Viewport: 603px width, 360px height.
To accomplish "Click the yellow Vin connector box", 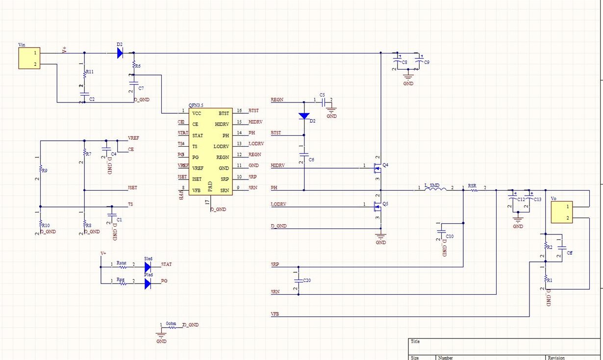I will [29, 58].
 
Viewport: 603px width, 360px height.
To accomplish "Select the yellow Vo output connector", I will [561, 212].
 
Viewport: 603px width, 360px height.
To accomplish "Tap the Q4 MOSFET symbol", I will [377, 167].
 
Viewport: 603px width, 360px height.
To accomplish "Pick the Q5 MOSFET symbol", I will [377, 206].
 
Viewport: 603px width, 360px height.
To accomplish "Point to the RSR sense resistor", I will [474, 190].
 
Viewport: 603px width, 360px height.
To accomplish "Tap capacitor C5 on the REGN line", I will [323, 103].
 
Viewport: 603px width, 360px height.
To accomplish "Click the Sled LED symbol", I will [148, 267].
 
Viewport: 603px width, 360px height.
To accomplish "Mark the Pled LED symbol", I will [148, 283].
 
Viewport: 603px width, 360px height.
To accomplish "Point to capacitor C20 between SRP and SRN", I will [299, 281].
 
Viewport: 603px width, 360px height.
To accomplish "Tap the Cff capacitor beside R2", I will [562, 249].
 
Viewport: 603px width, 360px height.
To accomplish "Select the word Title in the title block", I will [416, 341].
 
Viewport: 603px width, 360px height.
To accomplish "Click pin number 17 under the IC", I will [207, 202].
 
